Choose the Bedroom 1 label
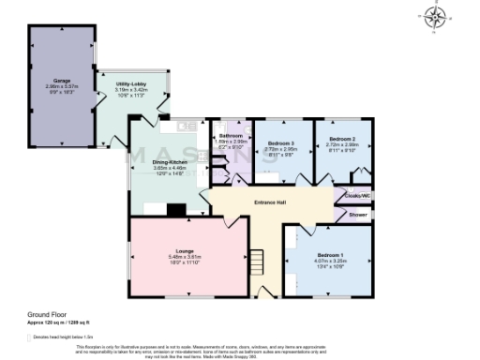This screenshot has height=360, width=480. coord(328,255)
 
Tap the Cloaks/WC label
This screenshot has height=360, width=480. coord(360,196)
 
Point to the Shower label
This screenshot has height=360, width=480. coord(358,214)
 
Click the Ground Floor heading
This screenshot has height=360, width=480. coord(45,315)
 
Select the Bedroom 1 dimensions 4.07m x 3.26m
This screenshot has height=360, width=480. coord(328,262)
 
